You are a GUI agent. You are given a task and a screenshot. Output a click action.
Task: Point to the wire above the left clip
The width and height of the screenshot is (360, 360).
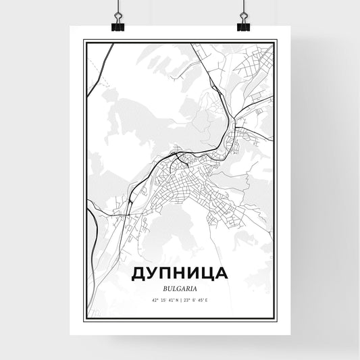[119, 8]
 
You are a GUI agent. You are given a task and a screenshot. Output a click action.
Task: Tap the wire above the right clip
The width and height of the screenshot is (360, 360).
[243, 8]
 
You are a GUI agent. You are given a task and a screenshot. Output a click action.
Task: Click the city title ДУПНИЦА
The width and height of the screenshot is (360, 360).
[180, 274]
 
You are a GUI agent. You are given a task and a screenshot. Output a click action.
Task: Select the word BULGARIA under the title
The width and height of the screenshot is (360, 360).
[180, 288]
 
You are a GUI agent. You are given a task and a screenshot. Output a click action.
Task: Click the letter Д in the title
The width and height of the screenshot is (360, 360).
[139, 274]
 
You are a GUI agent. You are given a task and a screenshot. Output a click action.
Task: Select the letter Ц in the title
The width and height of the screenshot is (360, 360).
[203, 274]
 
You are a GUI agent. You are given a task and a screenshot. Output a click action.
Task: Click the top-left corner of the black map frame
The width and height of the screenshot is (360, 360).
[84, 42]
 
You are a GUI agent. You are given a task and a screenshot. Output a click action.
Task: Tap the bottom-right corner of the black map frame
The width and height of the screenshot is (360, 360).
[276, 319]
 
